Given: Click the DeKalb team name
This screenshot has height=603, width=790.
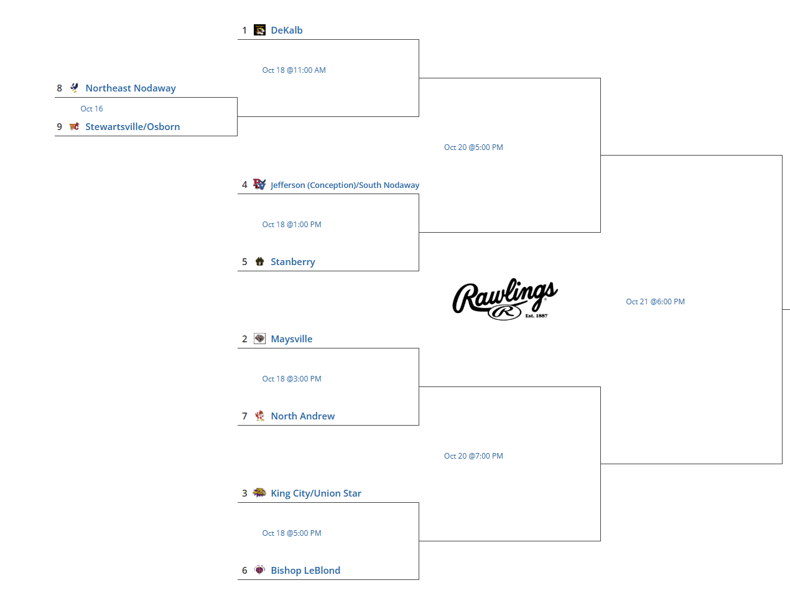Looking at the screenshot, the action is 287,30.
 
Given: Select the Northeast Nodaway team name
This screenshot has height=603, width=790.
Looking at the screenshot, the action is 131,88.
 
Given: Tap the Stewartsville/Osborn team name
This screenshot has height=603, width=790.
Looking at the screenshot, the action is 132,127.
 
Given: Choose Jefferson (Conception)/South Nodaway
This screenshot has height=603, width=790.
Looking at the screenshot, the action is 345,185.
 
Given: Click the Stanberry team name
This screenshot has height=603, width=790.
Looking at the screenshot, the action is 293,262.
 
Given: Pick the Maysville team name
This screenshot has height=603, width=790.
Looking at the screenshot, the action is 292,339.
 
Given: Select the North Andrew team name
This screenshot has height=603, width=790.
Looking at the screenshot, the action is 303,416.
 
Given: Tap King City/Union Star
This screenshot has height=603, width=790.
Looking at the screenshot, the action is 316,493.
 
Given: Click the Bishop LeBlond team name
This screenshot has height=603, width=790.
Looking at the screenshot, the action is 305,571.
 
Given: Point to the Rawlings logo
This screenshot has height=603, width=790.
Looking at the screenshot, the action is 505,299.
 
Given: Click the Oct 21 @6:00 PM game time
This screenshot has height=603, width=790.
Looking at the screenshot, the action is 655,302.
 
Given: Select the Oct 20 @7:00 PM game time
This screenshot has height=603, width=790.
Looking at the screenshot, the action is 473,456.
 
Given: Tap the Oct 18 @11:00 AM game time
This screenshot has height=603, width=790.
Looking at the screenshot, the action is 294,70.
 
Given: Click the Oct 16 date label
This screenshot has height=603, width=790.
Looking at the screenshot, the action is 91,109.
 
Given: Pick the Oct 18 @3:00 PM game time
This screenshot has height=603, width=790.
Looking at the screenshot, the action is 292,379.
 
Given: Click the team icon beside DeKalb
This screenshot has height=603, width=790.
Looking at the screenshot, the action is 260,30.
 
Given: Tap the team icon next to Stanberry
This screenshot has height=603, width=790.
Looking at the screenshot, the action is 260,261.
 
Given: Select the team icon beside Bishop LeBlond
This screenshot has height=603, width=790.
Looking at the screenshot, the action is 260,570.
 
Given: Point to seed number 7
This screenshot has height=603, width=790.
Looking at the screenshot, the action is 244,416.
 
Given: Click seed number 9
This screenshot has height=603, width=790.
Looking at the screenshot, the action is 60,127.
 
